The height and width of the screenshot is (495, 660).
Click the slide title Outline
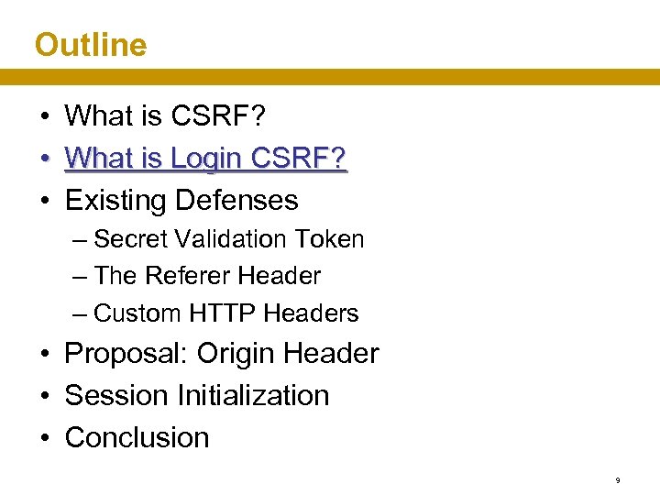(90, 44)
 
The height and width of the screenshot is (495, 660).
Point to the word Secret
(128, 239)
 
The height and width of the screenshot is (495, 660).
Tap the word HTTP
(221, 313)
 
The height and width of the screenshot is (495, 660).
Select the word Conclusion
(137, 437)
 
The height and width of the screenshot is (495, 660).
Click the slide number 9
(618, 479)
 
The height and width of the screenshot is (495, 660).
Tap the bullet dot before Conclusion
(44, 438)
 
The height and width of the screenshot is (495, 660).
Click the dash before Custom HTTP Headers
(80, 313)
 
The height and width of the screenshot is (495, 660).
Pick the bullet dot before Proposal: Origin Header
(44, 355)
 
